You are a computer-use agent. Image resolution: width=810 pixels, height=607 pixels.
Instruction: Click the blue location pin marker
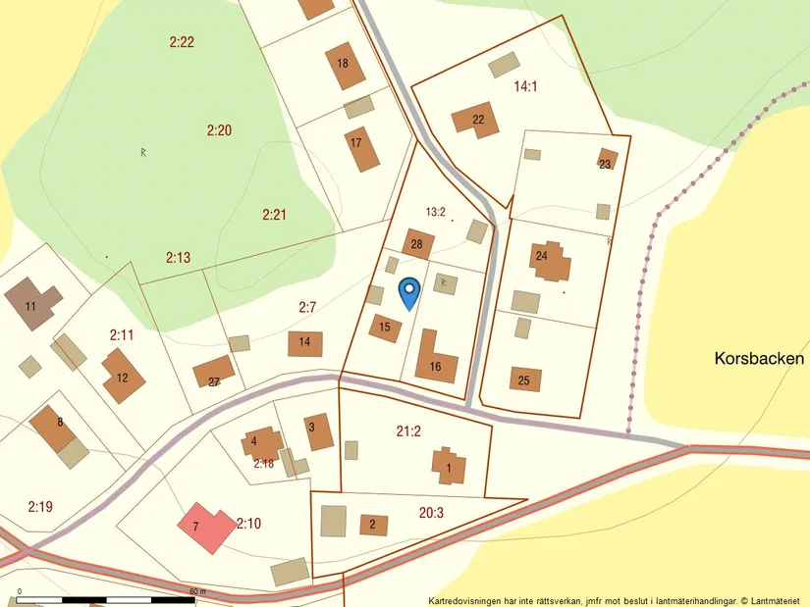click(x=408, y=291)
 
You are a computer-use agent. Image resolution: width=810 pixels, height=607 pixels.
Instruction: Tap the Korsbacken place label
click(x=759, y=359)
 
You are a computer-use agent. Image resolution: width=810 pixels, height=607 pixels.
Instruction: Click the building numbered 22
click(x=475, y=120)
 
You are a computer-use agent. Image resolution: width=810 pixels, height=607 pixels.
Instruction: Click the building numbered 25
click(x=525, y=379)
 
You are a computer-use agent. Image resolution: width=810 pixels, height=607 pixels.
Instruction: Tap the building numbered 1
click(x=449, y=466)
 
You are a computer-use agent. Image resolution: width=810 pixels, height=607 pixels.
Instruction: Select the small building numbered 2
click(x=373, y=525)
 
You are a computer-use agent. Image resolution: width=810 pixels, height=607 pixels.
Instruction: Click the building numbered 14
click(x=304, y=343)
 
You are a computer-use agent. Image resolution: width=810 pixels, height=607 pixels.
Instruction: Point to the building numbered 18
click(x=345, y=65)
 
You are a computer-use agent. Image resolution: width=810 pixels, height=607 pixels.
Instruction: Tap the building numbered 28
click(x=417, y=243)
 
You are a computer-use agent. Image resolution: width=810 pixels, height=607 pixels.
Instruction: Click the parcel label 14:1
click(x=525, y=86)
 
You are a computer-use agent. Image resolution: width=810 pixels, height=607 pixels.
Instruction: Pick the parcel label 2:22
click(x=182, y=41)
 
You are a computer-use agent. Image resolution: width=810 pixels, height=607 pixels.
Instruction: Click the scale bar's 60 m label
click(x=197, y=591)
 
